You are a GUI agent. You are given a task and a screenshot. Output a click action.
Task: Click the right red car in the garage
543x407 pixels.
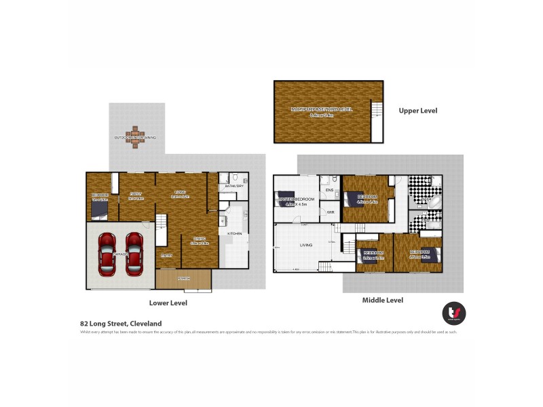(134, 254)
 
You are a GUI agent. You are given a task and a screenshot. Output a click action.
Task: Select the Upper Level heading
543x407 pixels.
(418, 111)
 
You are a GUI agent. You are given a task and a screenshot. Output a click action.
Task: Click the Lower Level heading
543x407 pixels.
(168, 303)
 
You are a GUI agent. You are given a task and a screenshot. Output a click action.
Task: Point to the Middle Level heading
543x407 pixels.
(383, 299)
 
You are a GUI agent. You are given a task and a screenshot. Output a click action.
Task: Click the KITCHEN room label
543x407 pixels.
(234, 233)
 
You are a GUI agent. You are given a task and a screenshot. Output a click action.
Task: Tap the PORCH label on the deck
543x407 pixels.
(183, 278)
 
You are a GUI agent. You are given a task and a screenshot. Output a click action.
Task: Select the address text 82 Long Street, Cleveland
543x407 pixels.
(121, 324)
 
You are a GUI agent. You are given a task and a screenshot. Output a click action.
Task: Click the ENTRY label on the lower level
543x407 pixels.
(167, 256)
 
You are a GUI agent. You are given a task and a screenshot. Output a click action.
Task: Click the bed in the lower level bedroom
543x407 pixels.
(98, 212)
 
